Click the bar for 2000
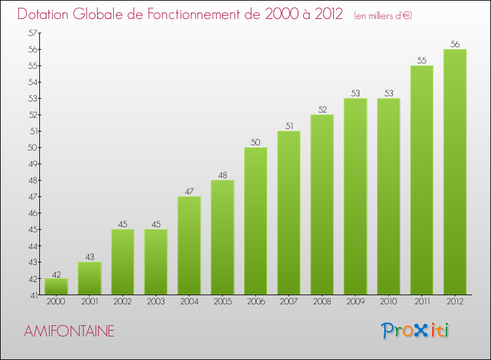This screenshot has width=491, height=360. (x=56, y=287)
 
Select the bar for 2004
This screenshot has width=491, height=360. (x=189, y=245)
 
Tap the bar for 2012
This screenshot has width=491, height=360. (x=454, y=172)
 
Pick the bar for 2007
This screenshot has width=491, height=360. (x=289, y=213)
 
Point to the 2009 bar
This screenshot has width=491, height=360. (x=355, y=196)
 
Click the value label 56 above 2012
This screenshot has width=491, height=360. (x=454, y=45)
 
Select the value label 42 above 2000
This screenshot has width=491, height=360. (x=56, y=274)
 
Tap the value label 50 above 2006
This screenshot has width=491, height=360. (x=255, y=143)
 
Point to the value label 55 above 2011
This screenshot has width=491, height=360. (x=422, y=61)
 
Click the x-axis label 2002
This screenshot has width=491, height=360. (x=122, y=302)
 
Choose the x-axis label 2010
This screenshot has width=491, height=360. (x=388, y=302)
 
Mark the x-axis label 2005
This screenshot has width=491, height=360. (x=222, y=302)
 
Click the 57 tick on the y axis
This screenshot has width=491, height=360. (x=32, y=33)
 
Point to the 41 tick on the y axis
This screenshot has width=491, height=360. (x=32, y=295)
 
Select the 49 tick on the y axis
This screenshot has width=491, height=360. (x=32, y=164)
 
